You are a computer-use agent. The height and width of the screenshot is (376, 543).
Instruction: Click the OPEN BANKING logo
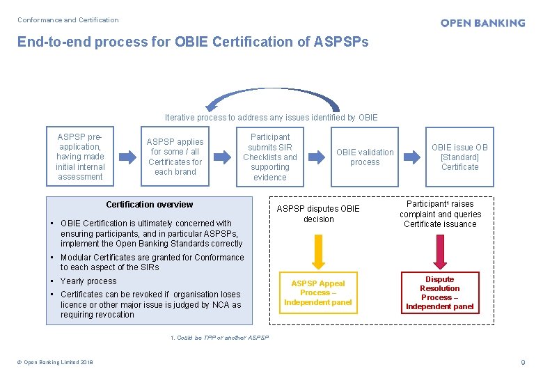482,23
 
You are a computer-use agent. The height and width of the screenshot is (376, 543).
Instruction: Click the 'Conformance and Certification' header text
68,19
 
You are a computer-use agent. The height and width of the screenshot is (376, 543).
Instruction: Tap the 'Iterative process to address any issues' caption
271,118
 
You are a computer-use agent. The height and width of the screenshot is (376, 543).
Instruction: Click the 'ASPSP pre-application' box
80,157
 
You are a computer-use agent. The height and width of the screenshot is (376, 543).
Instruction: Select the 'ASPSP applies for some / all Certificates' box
175,157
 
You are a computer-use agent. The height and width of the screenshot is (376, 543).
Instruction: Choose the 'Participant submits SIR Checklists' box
270,157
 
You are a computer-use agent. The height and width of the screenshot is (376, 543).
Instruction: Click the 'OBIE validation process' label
365,157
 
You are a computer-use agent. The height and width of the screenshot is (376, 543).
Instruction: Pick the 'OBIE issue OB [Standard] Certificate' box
459,157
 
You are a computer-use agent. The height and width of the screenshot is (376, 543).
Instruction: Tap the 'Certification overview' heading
149,204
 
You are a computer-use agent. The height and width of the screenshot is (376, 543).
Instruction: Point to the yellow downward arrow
318,252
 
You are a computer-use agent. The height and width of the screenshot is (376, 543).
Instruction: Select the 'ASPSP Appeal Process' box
318,292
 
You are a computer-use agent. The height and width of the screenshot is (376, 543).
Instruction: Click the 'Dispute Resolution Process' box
439,293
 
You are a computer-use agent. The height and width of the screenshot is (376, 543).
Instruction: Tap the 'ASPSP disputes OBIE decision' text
318,214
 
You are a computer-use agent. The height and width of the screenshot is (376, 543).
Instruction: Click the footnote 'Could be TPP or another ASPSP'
220,338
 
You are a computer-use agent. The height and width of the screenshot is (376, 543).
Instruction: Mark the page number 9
523,362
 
